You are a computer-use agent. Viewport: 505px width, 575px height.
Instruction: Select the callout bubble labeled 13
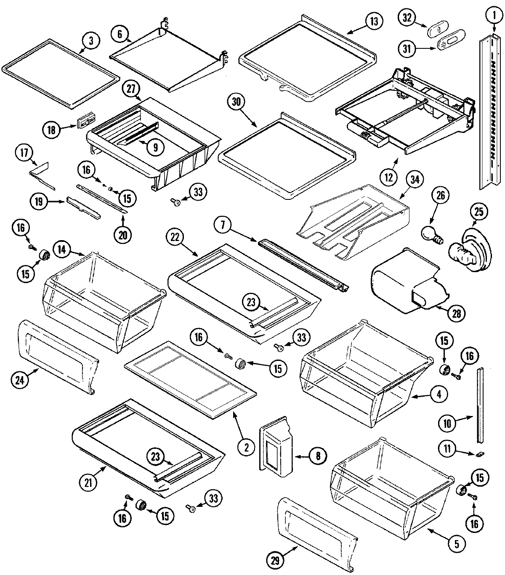click(374, 21)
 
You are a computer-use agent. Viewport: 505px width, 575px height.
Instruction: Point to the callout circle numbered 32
click(407, 19)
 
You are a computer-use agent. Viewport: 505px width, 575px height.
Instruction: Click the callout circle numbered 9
click(155, 147)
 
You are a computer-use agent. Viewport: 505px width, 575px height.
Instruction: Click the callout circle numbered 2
click(246, 447)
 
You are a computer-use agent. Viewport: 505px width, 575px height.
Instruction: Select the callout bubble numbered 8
click(318, 455)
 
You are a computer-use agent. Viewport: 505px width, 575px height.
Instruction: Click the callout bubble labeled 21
click(88, 482)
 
